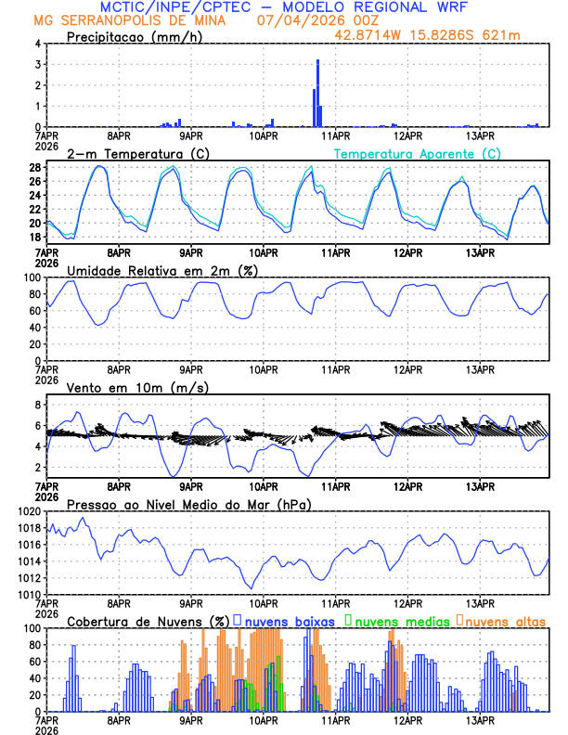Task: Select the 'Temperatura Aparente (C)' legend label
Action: click(418, 153)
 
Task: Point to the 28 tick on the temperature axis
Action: click(34, 168)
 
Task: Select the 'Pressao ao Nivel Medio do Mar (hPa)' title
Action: click(188, 504)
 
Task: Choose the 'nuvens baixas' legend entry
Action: click(288, 620)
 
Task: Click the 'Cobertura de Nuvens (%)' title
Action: click(148, 620)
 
